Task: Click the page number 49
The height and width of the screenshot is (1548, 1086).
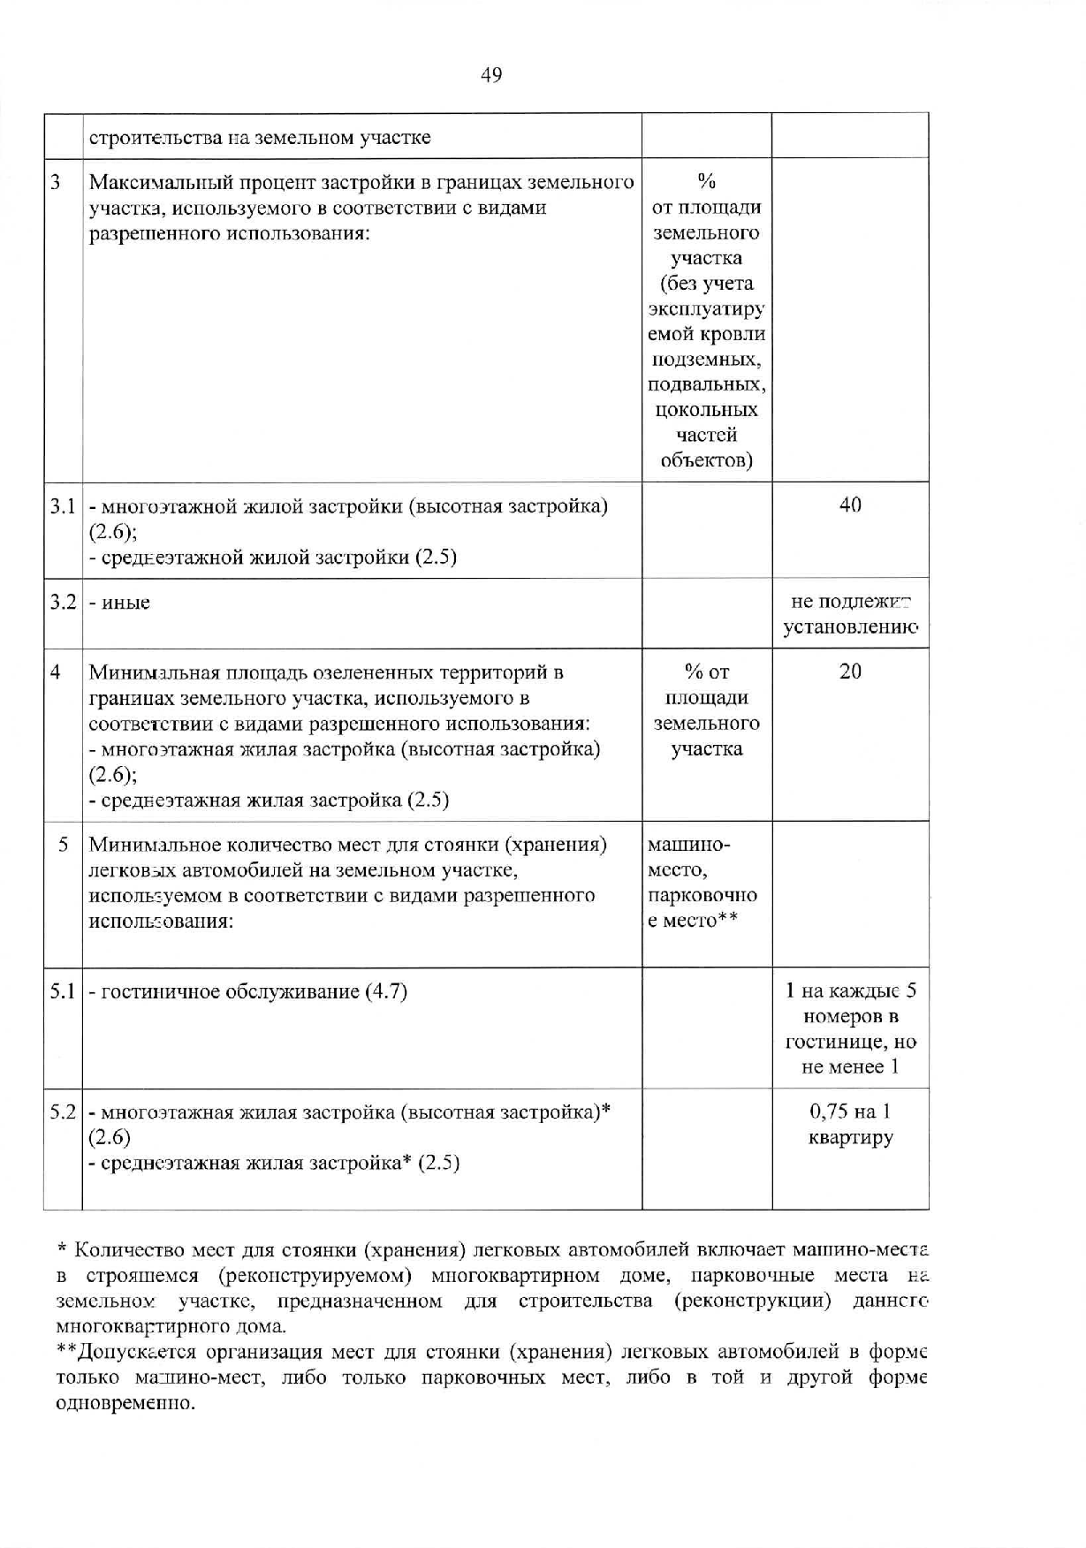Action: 491,75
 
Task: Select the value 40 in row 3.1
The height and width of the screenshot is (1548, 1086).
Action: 850,505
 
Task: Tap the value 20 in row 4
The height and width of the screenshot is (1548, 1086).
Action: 850,672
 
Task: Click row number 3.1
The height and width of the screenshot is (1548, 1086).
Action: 62,506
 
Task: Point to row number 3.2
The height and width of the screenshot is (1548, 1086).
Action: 62,603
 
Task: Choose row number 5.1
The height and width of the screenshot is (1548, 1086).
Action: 62,991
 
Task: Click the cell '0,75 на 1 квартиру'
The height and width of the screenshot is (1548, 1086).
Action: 850,1125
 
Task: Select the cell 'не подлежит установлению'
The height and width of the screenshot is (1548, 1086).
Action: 850,615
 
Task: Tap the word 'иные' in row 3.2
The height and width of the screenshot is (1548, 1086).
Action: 125,603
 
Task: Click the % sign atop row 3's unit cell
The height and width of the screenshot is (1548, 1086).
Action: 706,182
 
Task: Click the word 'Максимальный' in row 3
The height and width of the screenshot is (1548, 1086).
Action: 148,183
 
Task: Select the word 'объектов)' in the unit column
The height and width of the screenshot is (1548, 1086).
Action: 706,461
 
